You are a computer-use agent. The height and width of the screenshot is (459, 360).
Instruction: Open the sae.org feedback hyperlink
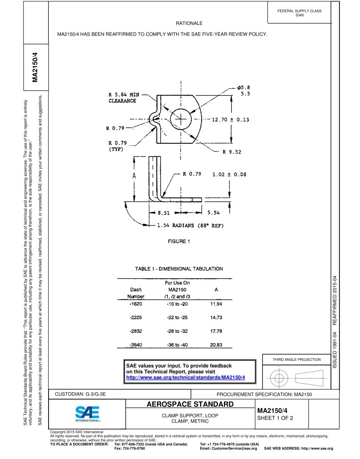185,378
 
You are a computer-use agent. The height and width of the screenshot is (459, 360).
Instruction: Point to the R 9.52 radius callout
232,152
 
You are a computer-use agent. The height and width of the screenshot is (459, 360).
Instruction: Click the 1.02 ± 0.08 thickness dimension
229,174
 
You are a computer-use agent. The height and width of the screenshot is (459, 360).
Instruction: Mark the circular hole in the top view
181,119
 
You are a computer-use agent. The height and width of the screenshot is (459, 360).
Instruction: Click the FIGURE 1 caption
179,241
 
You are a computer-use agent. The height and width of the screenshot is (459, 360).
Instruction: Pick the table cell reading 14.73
216,318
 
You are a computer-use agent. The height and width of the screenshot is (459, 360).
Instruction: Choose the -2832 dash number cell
136,331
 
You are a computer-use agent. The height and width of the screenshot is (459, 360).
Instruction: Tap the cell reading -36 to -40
177,345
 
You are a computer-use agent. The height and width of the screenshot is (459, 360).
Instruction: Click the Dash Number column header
136,293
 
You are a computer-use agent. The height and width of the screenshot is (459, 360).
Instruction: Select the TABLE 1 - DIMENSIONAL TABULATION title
179,269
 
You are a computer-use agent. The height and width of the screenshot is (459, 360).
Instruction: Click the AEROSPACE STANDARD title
190,404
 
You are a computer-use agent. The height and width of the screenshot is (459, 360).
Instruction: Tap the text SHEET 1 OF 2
275,418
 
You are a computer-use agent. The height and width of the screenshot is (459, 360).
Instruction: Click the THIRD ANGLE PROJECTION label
296,359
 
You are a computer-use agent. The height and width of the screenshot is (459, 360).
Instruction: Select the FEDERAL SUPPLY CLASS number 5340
299,15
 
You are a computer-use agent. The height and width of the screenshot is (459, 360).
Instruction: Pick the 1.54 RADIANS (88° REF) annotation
190,226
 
